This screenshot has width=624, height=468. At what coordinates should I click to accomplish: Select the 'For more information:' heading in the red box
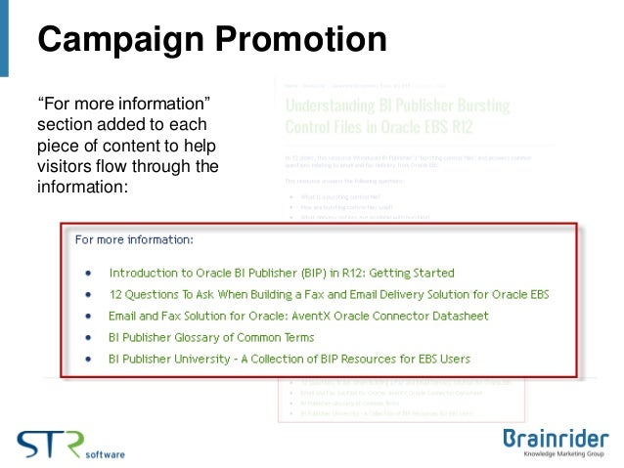134,238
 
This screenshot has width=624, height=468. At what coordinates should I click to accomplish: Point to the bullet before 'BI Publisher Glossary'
89,338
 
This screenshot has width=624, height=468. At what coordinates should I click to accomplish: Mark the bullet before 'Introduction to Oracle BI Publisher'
89,274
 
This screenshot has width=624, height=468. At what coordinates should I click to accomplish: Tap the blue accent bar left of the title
4,39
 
